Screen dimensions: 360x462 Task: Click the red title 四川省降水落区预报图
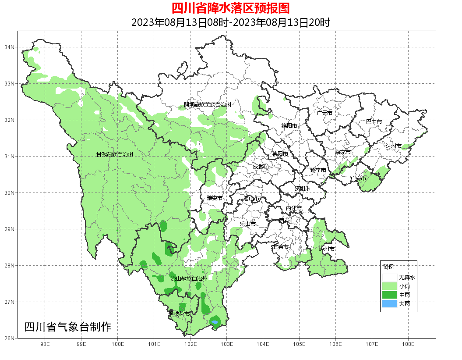[x=230, y=8]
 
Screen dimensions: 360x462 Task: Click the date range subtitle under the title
[x=230, y=22]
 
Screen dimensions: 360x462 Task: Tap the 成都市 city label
[x=261, y=167]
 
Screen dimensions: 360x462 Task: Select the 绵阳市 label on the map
[x=289, y=126]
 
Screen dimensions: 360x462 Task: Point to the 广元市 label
[x=324, y=113]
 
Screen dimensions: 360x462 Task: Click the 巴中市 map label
[x=374, y=122]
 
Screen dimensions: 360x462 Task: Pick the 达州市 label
[x=393, y=146]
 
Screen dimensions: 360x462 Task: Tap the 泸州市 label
[x=327, y=249]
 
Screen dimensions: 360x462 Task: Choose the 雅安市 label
[x=215, y=198]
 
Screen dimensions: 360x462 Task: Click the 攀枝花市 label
[x=180, y=314]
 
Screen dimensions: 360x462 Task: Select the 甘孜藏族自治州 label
[x=114, y=155]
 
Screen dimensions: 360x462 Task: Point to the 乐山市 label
[x=247, y=224]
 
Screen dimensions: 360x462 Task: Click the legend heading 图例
[x=388, y=267]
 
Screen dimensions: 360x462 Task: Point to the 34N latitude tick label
[x=10, y=47]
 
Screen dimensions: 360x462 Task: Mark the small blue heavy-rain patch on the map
[x=215, y=322]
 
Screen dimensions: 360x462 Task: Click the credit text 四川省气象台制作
[x=68, y=327]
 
